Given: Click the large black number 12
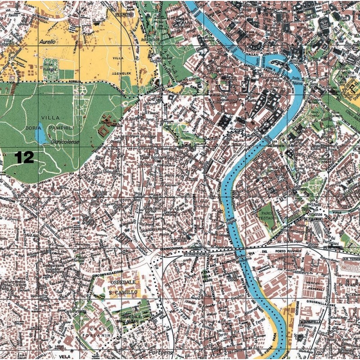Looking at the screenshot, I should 24,157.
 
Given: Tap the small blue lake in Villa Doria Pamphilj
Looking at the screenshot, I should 41,135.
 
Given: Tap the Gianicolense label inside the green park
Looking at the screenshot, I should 65,142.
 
